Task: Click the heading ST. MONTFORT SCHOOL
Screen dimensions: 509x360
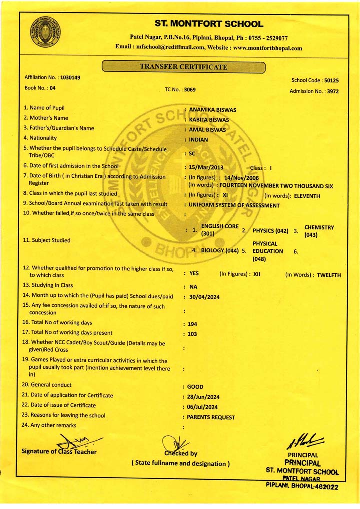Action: coord(209,24)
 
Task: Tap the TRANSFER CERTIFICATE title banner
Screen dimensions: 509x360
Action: coord(183,66)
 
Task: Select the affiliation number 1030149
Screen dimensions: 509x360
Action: coord(70,78)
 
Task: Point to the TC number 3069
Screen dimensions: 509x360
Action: coord(190,90)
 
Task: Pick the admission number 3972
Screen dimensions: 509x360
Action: coord(330,92)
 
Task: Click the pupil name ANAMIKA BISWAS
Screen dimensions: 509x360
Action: coord(213,110)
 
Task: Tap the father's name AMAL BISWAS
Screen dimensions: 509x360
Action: coord(207,130)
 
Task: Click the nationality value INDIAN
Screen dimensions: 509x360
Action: coord(199,140)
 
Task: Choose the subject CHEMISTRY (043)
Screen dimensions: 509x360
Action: coord(319,231)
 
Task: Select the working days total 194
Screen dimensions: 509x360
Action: coord(192,324)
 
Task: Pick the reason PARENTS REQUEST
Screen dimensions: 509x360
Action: coord(211,417)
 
